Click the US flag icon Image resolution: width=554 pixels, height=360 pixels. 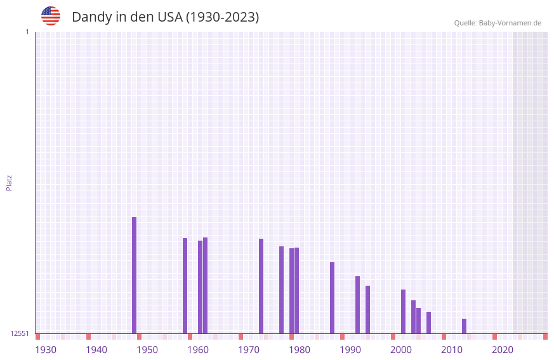pos(51,16)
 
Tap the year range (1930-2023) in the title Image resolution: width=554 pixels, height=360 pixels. pos(222,17)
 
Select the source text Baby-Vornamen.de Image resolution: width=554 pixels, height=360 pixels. pos(510,23)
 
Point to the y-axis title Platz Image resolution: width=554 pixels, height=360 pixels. pos(9,182)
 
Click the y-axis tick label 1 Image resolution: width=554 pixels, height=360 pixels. pos(27,32)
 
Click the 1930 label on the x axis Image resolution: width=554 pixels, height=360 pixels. pos(46,350)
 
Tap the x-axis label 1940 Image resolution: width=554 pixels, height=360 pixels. pos(96,350)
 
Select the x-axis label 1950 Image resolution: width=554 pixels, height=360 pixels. pos(147,350)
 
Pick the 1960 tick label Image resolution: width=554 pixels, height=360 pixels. pos(198,350)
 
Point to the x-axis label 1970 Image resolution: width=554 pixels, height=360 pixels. pos(249,350)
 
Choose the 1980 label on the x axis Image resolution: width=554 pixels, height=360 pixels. pos(300,350)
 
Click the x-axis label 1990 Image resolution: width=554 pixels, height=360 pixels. pos(350,350)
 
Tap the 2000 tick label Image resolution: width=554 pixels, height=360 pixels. pos(401,350)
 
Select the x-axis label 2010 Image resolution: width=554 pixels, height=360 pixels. pos(452,350)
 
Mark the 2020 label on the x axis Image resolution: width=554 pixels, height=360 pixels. pos(503,350)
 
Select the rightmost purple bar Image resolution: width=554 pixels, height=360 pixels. pos(464,326)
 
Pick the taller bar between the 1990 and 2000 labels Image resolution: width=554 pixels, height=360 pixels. pos(357,305)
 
